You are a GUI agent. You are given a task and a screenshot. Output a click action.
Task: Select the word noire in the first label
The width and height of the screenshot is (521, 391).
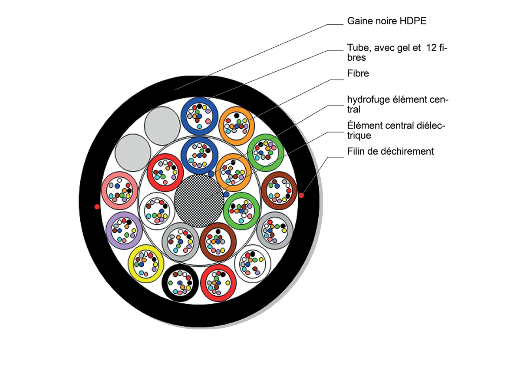386,21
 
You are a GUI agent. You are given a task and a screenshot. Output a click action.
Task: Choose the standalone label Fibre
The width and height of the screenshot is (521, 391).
358,73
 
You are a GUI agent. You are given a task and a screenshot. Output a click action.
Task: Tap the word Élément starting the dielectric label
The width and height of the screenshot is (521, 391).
364,126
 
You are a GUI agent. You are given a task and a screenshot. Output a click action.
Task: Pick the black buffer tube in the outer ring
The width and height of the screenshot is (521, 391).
180,283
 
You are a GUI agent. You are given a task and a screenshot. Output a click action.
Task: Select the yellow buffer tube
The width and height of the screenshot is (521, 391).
146,263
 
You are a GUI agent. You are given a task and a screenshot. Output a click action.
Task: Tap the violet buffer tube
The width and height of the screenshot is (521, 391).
124,230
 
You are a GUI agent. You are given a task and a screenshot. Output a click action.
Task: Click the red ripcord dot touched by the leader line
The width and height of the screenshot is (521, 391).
301,195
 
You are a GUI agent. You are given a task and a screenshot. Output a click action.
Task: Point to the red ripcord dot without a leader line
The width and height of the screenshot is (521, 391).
97,207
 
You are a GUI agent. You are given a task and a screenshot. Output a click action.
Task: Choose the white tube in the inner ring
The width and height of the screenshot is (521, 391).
156,210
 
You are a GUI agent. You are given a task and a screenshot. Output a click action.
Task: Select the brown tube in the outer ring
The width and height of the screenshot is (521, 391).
279,190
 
